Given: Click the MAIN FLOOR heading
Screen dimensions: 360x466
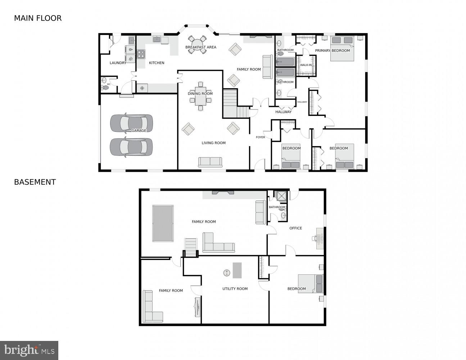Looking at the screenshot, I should [38, 18].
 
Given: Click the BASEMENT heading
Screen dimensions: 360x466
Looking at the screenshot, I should [35, 182].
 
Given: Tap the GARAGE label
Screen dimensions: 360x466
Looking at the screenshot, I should [139, 131].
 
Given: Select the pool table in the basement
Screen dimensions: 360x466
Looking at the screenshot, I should [163, 223].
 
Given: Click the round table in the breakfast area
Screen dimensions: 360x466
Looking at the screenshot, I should [198, 44].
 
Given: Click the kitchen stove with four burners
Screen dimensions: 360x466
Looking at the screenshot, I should [141, 54].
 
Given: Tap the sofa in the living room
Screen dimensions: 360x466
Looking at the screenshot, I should [210, 162].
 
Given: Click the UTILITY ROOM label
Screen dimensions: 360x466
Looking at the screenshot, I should [235, 289].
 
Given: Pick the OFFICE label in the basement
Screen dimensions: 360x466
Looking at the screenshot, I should [295, 228].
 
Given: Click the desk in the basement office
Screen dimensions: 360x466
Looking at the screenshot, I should [319, 238].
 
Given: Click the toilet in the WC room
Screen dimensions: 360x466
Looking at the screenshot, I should [105, 87].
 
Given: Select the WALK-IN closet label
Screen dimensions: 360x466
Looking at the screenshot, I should [306, 65].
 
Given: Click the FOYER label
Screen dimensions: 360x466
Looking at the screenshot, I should [260, 137].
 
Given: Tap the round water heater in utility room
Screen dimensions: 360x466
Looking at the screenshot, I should [226, 273].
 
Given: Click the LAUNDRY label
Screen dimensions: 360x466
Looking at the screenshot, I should [118, 63].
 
